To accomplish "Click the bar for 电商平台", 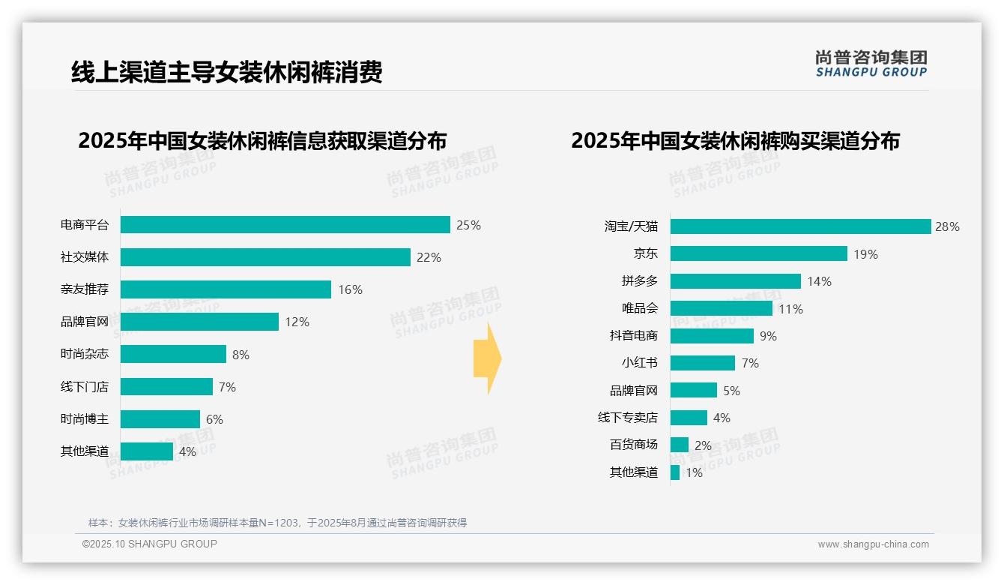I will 285,225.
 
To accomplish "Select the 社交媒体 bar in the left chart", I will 265,257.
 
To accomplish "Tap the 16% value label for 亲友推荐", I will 350,289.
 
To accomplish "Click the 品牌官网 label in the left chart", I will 85,322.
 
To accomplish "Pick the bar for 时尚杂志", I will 173,354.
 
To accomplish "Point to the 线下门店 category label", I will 85,387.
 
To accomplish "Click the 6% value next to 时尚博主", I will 214,419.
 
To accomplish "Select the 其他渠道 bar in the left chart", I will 147,451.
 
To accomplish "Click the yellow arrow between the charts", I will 487,358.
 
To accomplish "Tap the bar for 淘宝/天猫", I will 800,226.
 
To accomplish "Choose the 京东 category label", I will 645,253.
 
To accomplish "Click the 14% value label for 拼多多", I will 819,281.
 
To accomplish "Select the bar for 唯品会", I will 721,308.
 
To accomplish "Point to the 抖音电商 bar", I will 712,336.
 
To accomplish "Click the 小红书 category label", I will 639,363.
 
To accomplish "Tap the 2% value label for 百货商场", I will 703,445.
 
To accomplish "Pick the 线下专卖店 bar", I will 689,418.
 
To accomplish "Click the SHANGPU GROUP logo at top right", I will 871,64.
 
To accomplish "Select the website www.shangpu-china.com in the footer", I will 873,544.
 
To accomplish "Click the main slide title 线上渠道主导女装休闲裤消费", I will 227,72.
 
